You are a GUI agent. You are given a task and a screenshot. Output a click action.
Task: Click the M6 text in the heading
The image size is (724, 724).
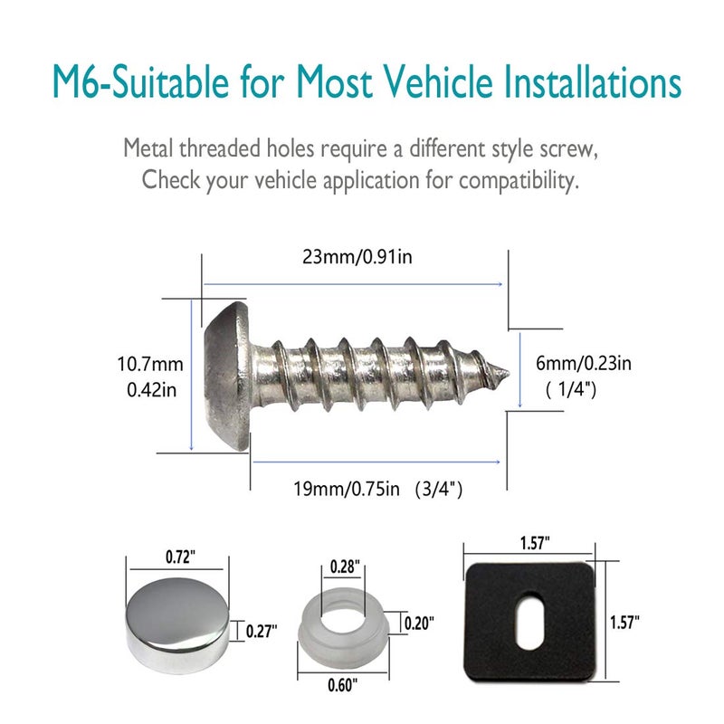pyautogui.click(x=73, y=83)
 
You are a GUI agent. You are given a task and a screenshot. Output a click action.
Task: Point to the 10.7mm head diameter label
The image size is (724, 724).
pyautogui.click(x=150, y=365)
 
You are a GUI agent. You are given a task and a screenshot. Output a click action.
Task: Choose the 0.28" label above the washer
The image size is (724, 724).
pyautogui.click(x=344, y=567)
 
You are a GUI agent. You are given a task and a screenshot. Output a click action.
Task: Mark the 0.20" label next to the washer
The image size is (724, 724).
pyautogui.click(x=419, y=623)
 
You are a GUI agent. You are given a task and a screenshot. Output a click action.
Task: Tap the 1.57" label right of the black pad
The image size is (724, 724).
pyautogui.click(x=624, y=622)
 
